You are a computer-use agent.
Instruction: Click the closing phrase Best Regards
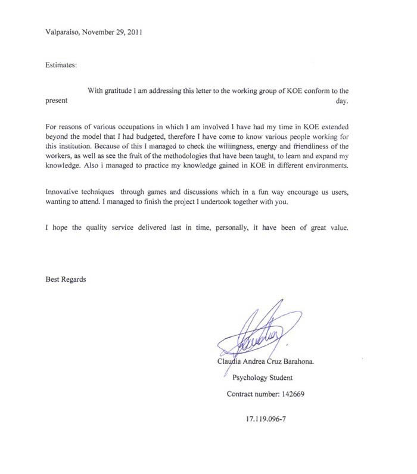tap(66, 279)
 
